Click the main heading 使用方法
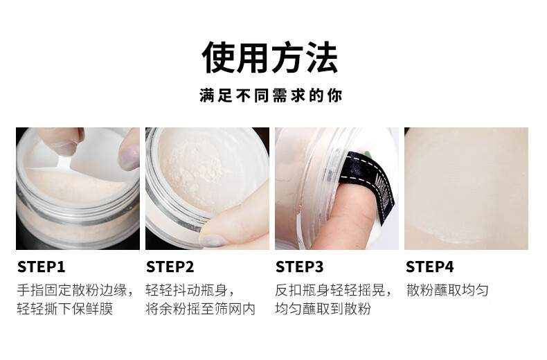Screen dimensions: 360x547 270,58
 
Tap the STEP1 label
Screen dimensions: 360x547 41,267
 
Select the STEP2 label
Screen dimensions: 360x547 170,267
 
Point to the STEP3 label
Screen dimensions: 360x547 299,267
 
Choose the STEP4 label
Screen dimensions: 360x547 429,267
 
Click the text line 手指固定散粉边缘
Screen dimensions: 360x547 75,289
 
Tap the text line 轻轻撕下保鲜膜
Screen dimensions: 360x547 65,309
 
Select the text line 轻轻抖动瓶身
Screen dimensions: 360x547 190,289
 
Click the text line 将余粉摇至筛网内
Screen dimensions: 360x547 200,309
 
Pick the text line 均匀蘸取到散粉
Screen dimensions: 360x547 323,309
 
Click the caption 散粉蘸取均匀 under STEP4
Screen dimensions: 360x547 447,289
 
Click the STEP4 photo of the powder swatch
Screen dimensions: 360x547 466,188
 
